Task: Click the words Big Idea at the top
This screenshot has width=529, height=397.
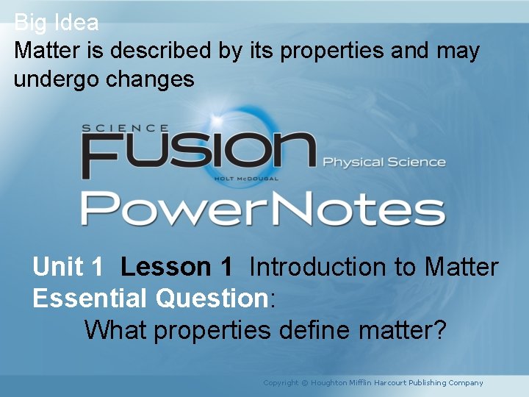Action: tap(56, 23)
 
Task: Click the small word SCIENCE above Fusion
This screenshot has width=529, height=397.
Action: tap(126, 128)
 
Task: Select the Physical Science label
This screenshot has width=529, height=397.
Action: tap(384, 162)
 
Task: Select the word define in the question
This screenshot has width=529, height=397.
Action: tap(314, 330)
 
